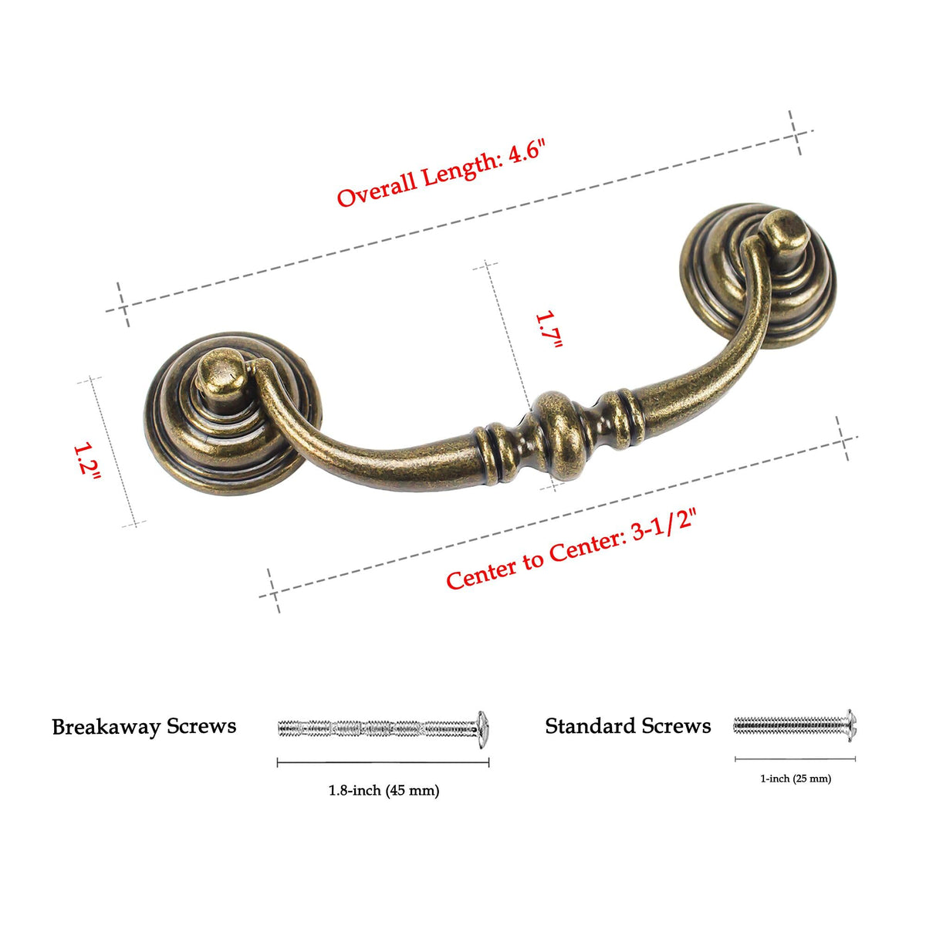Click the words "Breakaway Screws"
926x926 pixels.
144,727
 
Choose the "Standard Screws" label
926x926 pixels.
628,725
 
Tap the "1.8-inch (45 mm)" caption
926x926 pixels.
384,790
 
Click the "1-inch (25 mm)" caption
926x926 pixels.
796,779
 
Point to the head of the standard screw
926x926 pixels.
851,725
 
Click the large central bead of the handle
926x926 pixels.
559,435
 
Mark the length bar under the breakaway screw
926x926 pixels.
383,762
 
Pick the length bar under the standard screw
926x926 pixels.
796,759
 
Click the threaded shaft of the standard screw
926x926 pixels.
789,725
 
